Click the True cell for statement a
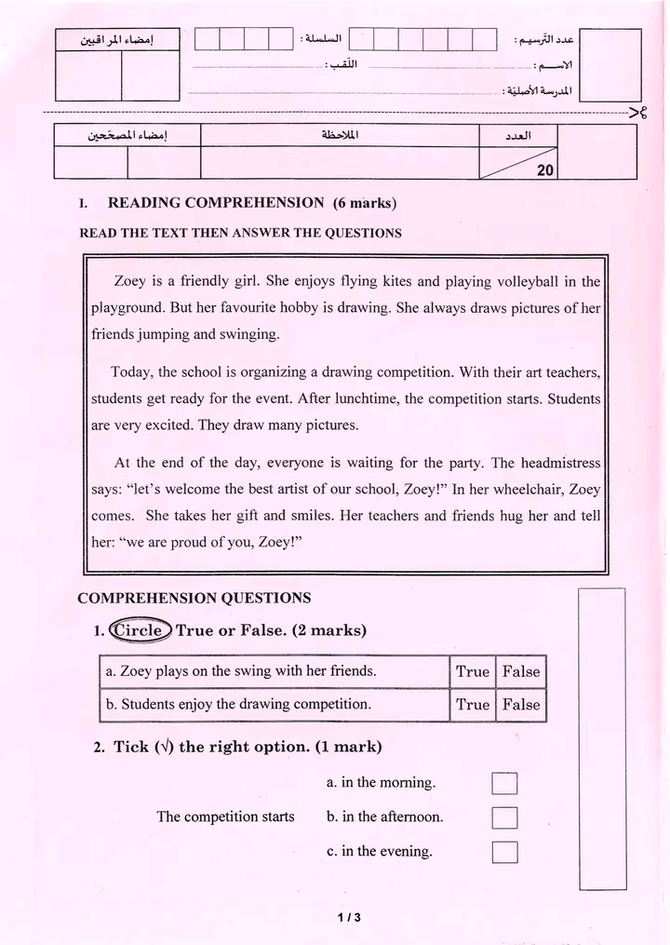[472, 671]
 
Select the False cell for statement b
[521, 705]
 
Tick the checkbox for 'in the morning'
[504, 784]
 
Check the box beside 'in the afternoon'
[504, 818]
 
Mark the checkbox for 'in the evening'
[504, 852]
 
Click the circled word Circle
[141, 630]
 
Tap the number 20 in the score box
[545, 170]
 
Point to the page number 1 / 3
[349, 917]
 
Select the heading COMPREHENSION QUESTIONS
[194, 598]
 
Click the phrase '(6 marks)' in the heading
[365, 203]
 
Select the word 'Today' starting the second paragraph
[131, 372]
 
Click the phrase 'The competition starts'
[225, 817]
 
